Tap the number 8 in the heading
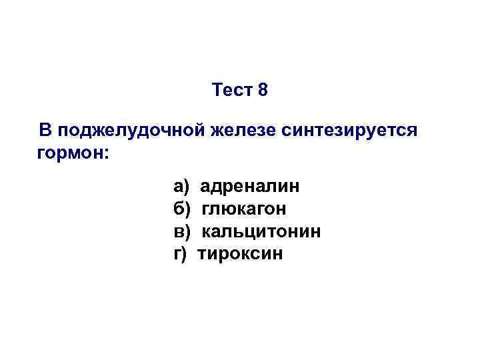click(262, 89)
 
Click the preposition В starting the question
click(45, 129)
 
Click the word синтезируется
click(349, 129)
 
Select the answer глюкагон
click(243, 209)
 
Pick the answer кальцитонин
click(261, 231)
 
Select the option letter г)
click(181, 254)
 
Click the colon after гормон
click(105, 154)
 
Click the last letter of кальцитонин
click(316, 232)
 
